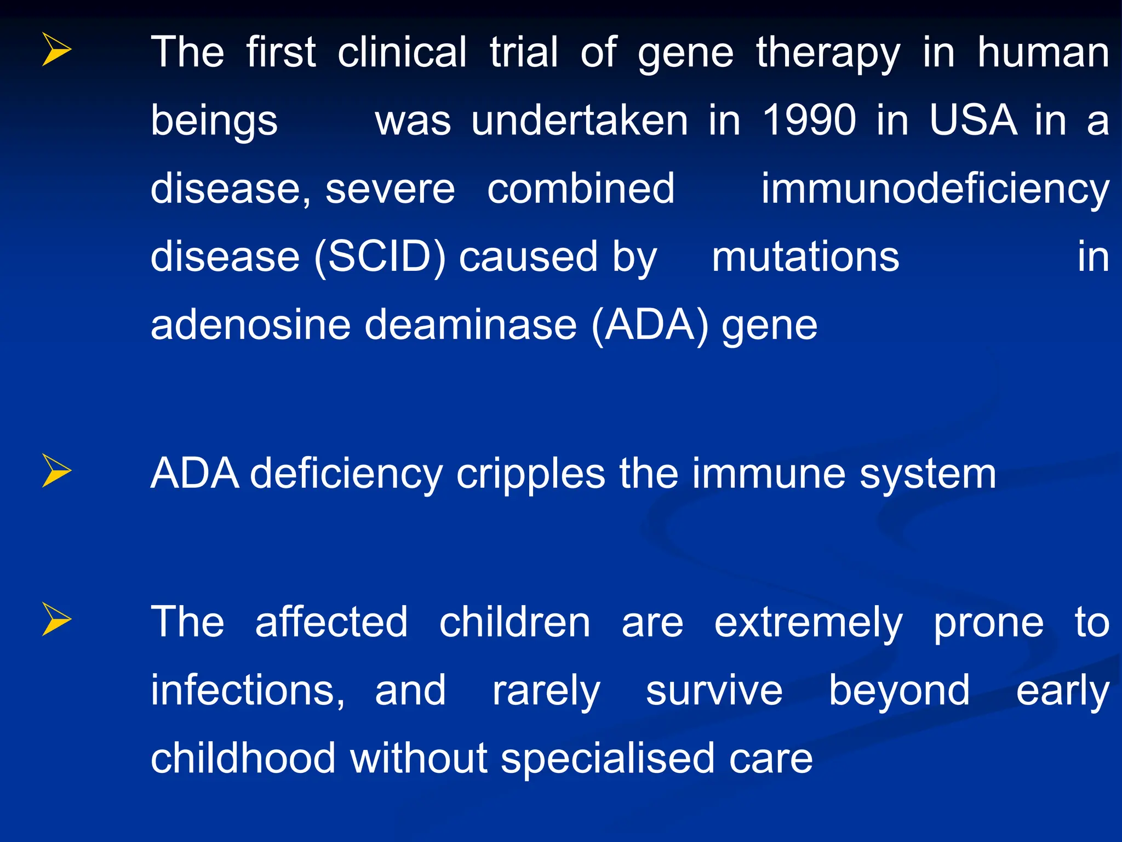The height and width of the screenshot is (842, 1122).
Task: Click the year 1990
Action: (x=809, y=120)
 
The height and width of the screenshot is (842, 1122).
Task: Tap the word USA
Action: (x=973, y=120)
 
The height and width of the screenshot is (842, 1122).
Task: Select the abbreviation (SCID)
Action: (x=380, y=257)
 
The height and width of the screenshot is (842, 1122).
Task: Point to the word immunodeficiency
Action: (x=935, y=189)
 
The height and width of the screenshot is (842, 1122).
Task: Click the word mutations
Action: (x=805, y=257)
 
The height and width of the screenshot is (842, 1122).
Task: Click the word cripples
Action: (x=531, y=474)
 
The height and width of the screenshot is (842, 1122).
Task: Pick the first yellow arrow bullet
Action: (x=56, y=49)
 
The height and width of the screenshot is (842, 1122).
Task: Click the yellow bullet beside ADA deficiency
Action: (x=56, y=471)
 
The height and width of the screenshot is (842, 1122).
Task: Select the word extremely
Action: (x=808, y=623)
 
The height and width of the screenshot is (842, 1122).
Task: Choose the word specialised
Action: (x=608, y=759)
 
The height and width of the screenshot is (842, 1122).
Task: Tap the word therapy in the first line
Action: (x=828, y=53)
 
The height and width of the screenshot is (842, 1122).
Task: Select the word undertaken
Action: (x=580, y=120)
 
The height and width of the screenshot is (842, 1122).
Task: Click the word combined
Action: (x=581, y=188)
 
